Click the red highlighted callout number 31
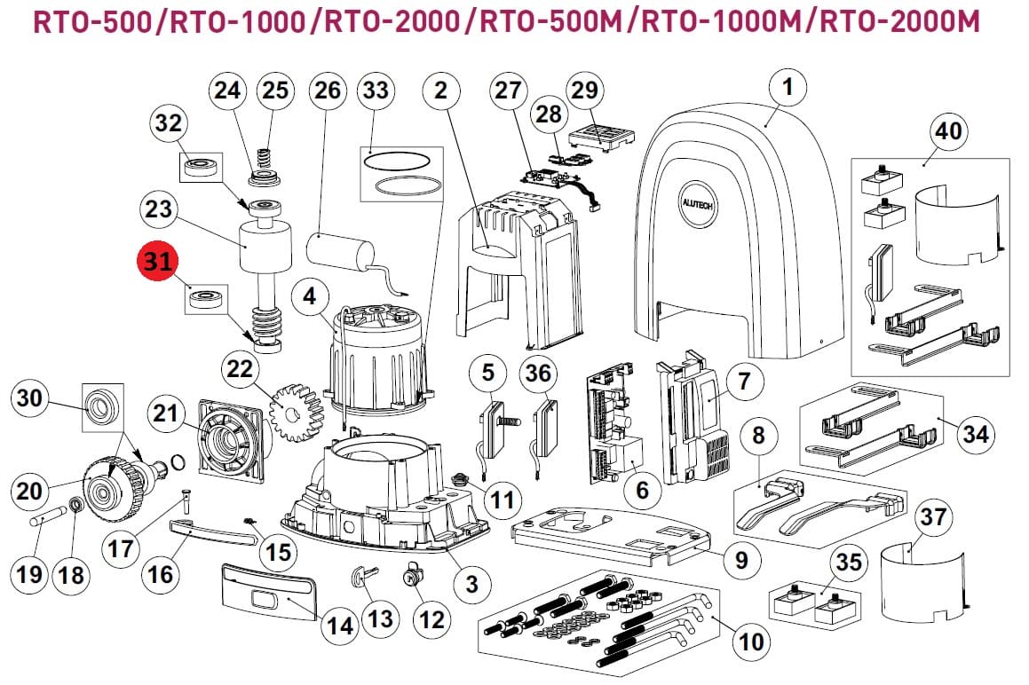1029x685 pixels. tap(157, 261)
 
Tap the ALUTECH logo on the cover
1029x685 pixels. tap(697, 204)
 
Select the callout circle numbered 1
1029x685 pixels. tap(788, 88)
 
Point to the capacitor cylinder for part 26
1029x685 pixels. tap(340, 256)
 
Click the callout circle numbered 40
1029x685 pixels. tap(948, 132)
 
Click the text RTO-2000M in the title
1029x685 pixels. tap(900, 21)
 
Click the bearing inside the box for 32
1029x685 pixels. tap(202, 168)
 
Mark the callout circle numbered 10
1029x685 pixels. tap(751, 641)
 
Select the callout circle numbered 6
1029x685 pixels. tap(641, 490)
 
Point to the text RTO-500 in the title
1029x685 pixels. tap(91, 21)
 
